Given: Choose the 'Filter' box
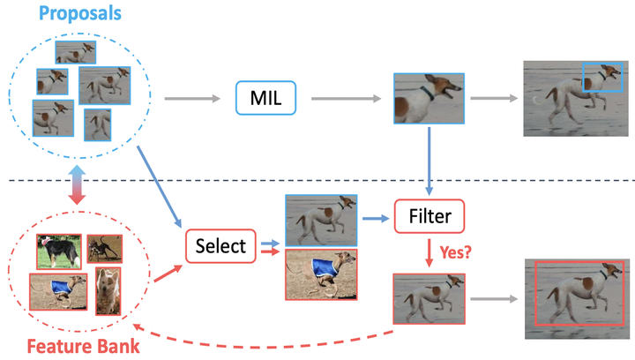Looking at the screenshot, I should tap(429, 215).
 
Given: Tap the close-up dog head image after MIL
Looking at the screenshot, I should tap(429, 98).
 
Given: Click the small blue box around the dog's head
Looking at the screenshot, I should tap(601, 77).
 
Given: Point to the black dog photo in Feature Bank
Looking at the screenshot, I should tap(58, 251).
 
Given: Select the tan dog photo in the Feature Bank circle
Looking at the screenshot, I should tap(107, 291).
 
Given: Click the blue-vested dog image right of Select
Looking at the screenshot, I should tap(320, 274).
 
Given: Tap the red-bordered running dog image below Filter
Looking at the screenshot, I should tap(429, 300).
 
